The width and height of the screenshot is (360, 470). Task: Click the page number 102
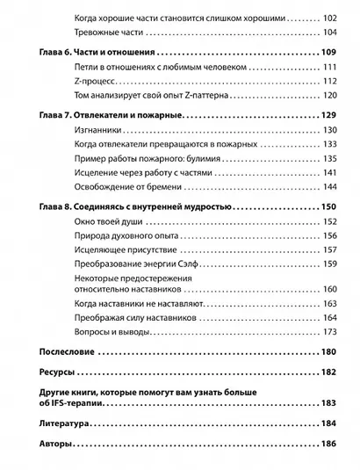click(x=329, y=17)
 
